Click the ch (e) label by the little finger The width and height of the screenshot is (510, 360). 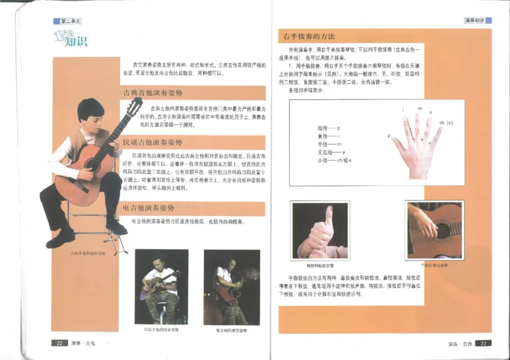[x=446, y=122]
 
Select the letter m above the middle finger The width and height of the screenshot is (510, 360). [x=419, y=109]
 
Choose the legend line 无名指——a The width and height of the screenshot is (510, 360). [x=331, y=153]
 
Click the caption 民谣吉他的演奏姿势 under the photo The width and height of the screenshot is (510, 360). [x=161, y=329]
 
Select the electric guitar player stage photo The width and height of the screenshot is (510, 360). [x=231, y=287]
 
